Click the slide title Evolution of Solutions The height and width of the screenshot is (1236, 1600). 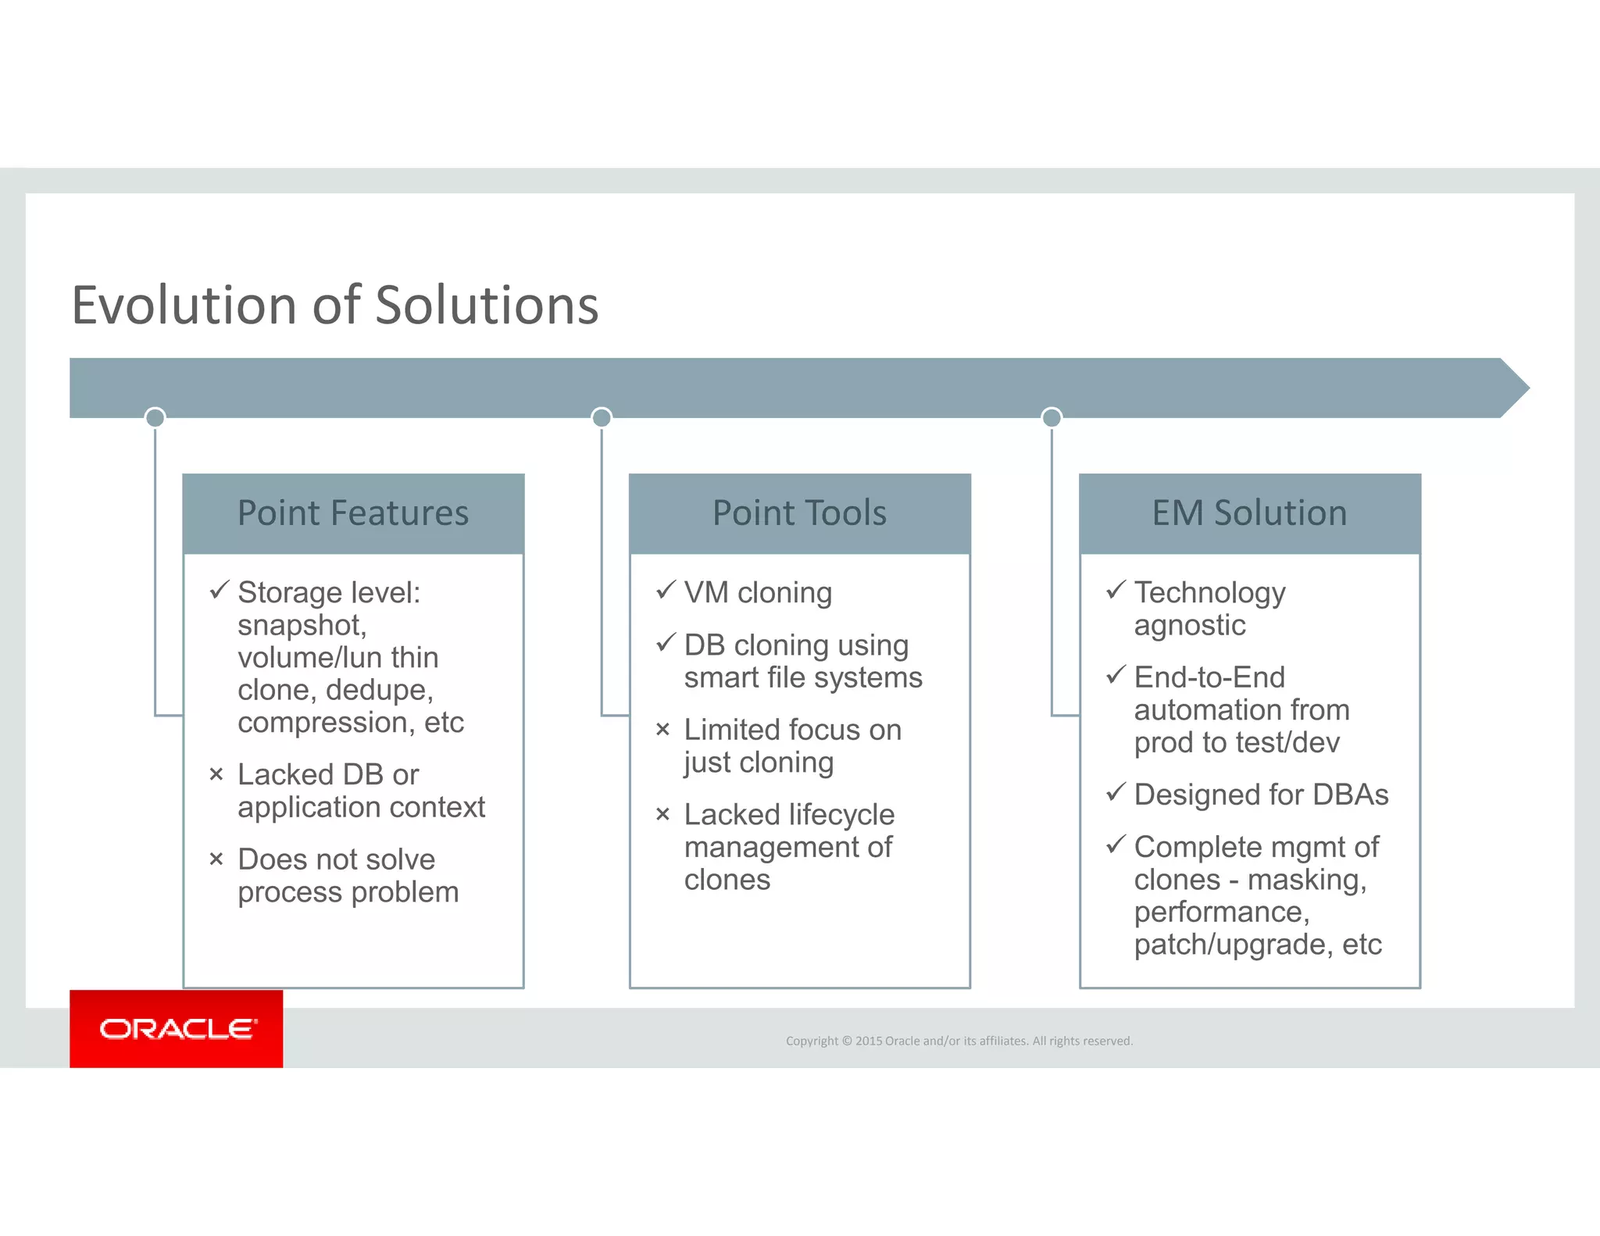tap(335, 305)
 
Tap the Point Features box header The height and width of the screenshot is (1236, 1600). tap(353, 513)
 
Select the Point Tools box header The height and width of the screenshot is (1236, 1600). tap(799, 513)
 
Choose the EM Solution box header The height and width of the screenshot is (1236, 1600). tap(1249, 513)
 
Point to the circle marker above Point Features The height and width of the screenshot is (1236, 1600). tap(155, 417)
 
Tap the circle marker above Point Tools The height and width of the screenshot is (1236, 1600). tap(602, 417)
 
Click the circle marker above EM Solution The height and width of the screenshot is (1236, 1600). tap(1052, 417)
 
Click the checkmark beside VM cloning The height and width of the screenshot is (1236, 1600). tap(666, 590)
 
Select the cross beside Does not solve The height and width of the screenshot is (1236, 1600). tap(216, 859)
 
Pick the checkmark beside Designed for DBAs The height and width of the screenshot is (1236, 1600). tap(1116, 792)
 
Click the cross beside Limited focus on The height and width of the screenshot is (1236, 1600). tap(663, 730)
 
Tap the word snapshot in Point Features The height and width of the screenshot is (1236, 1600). tap(301, 625)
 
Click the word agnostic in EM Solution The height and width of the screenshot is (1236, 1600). tap(1189, 625)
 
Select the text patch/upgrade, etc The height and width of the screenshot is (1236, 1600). tap(1257, 945)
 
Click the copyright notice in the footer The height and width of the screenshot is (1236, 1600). tap(959, 1041)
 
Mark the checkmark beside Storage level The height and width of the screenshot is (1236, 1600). tap(220, 590)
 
